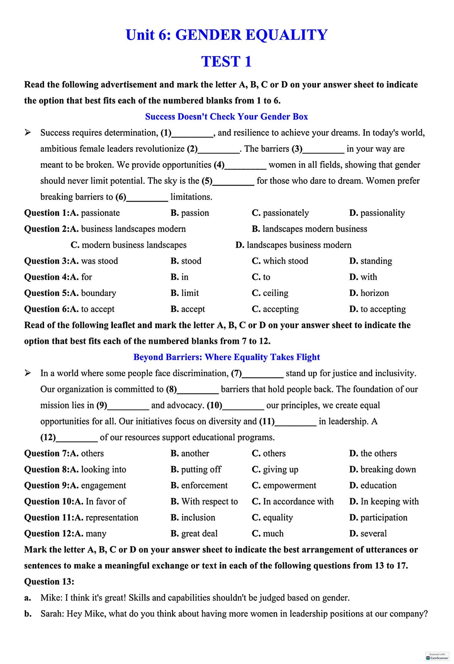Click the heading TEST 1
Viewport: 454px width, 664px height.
tap(226, 62)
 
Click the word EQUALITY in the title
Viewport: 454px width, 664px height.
tap(286, 35)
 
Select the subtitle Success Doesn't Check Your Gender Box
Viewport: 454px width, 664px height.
tap(226, 117)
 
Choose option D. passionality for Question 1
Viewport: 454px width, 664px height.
tap(377, 213)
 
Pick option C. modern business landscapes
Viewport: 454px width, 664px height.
tap(129, 245)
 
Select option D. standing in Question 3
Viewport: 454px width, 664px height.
tap(370, 261)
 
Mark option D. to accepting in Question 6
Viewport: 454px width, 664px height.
tap(377, 309)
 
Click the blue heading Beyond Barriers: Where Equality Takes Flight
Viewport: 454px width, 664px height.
tap(226, 357)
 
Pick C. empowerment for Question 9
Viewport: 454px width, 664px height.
tap(284, 485)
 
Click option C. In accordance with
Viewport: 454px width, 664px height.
tap(292, 502)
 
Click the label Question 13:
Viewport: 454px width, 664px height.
tap(49, 582)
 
